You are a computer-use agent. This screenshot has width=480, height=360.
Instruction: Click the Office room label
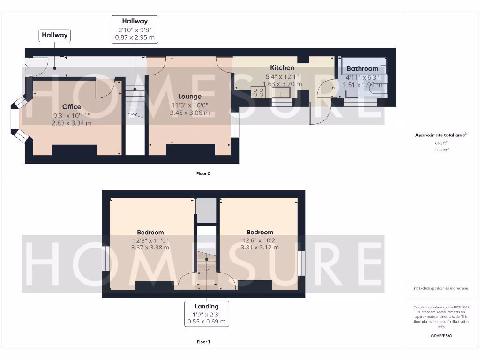click(x=72, y=107)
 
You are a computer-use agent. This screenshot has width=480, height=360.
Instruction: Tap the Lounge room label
click(x=189, y=97)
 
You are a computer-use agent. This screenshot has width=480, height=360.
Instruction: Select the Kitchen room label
click(x=282, y=68)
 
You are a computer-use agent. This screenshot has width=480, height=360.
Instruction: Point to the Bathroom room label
click(x=362, y=69)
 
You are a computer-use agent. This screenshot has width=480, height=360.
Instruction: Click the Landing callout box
click(x=207, y=314)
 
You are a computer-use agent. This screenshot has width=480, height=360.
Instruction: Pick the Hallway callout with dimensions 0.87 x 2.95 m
click(x=135, y=29)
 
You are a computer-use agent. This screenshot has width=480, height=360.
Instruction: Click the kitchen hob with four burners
click(x=258, y=92)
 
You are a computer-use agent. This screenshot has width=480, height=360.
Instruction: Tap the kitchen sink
click(x=280, y=92)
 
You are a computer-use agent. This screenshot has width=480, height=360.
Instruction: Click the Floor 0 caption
click(x=203, y=174)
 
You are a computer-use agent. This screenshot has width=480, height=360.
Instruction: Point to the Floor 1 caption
click(x=203, y=342)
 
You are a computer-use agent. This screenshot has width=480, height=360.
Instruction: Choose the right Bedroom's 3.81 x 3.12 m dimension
click(x=260, y=247)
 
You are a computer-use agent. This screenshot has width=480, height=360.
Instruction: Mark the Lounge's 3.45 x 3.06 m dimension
click(x=189, y=112)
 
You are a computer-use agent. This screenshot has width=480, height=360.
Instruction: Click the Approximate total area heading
click(x=441, y=135)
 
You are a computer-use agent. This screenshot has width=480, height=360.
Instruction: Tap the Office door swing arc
click(x=105, y=89)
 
